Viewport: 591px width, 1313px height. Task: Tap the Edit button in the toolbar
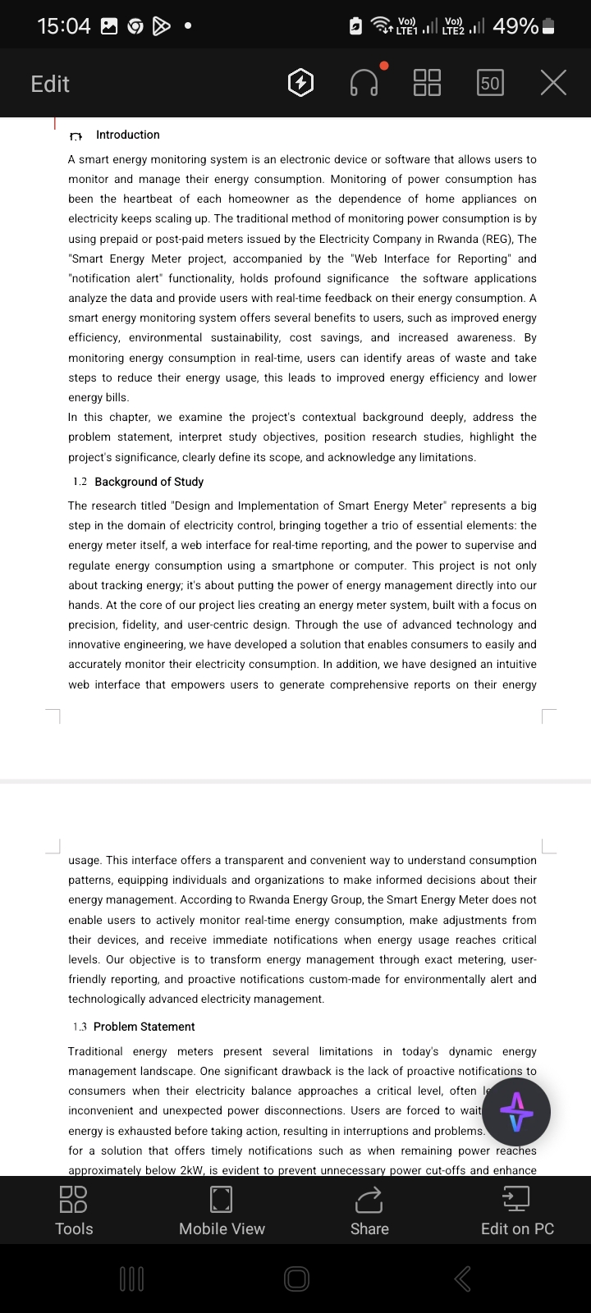[x=50, y=84]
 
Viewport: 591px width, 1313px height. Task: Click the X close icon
[x=553, y=83]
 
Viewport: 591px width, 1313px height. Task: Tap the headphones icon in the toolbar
[x=364, y=83]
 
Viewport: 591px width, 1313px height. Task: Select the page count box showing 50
[x=490, y=83]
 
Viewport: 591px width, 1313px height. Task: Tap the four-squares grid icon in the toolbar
[x=427, y=83]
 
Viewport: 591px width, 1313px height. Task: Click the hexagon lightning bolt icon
[x=301, y=83]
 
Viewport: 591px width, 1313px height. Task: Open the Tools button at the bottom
[x=74, y=1210]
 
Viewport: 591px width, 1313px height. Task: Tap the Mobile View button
[x=222, y=1210]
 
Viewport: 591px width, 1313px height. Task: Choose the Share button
[x=369, y=1210]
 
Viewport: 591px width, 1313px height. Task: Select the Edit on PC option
[x=517, y=1210]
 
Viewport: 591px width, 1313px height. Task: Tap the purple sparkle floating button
[x=516, y=1112]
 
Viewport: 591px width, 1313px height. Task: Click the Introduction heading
[x=128, y=135]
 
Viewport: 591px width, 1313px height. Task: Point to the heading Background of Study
[x=149, y=482]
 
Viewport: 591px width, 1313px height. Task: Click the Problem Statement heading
[x=144, y=1027]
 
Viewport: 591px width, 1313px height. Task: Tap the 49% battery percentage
[x=515, y=26]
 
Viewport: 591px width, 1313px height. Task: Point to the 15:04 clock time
[x=63, y=26]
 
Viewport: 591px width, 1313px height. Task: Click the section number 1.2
[x=80, y=482]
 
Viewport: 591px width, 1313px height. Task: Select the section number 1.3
[x=80, y=1027]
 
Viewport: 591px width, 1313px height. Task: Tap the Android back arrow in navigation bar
[x=463, y=1279]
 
